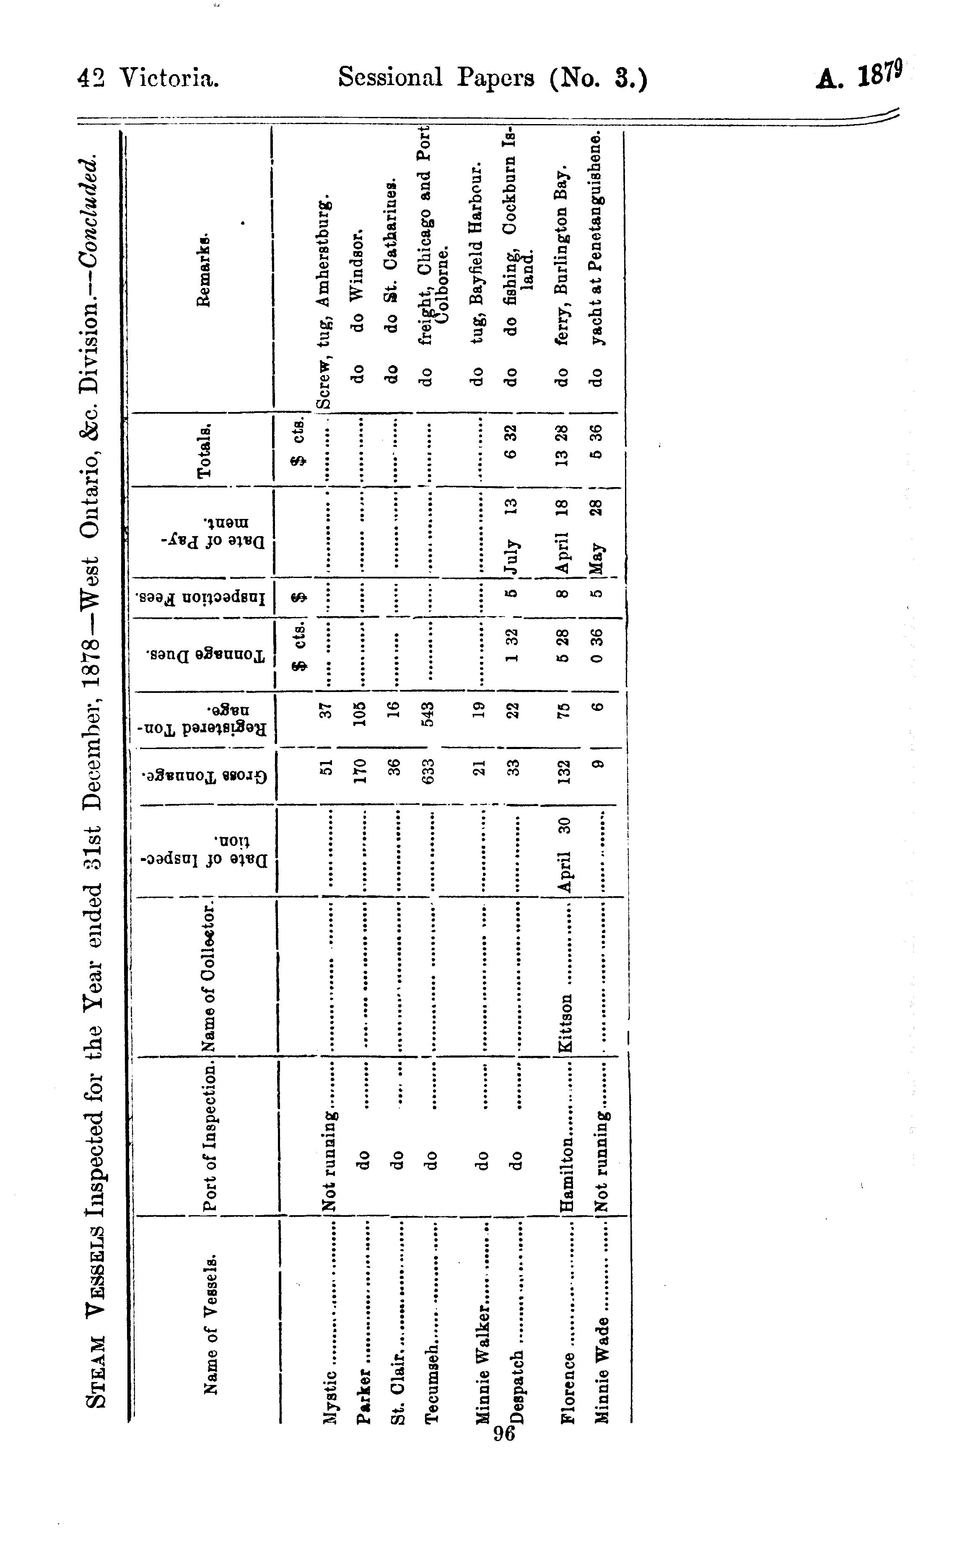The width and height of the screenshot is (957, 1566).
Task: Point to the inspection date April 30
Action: (568, 855)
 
